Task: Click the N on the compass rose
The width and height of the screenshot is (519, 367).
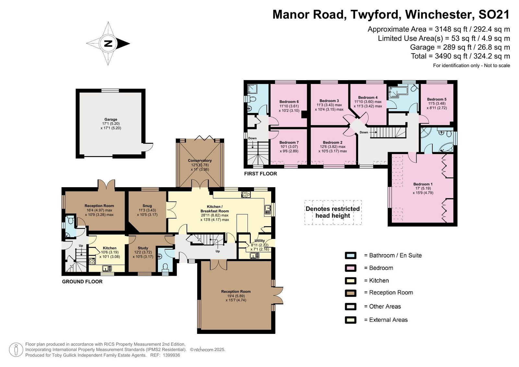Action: tap(108, 43)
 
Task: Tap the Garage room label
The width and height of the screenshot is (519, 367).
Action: tap(111, 119)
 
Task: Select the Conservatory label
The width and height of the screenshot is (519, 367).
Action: tap(200, 160)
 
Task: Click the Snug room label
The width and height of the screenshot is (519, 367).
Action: tap(147, 206)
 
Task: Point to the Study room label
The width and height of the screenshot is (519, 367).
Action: tap(143, 248)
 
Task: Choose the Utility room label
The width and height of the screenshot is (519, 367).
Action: tap(259, 241)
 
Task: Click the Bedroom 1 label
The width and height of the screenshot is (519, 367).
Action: tap(423, 184)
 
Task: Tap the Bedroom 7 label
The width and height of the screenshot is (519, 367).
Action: tap(289, 142)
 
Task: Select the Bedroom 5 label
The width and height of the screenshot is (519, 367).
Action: tap(437, 99)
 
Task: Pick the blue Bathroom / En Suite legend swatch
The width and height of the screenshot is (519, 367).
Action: tap(351, 255)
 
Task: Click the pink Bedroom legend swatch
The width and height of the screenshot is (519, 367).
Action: tap(351, 268)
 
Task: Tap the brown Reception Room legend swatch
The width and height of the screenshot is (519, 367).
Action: tap(351, 293)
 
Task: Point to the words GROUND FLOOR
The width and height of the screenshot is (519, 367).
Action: tap(82, 281)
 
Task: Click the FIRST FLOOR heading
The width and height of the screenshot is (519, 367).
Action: tap(261, 174)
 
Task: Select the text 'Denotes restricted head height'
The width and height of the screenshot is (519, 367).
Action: tap(333, 212)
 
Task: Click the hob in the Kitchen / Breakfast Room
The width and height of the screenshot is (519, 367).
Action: tap(246, 194)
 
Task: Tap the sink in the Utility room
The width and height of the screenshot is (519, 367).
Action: tap(255, 255)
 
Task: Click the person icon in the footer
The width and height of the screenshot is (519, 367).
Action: tap(16, 349)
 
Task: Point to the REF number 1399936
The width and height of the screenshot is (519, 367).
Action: tap(172, 355)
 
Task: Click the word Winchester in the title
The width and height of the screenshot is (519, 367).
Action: tap(438, 14)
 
